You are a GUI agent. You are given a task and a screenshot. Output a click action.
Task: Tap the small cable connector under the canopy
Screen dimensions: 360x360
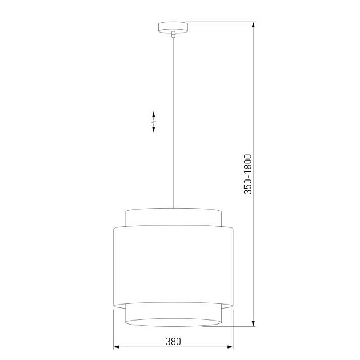[173, 34]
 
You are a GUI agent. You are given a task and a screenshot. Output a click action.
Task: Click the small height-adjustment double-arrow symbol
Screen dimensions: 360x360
[153, 122]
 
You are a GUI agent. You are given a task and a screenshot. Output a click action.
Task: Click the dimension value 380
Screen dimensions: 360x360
[173, 342]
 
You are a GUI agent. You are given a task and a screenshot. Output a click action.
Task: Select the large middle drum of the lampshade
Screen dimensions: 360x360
[173, 266]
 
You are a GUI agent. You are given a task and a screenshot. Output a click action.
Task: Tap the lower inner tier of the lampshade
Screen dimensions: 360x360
[173, 313]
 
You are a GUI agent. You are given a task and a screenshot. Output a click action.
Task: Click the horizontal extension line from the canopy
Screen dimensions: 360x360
[220, 22]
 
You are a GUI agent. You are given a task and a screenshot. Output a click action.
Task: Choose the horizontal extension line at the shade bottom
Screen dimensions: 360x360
[229, 327]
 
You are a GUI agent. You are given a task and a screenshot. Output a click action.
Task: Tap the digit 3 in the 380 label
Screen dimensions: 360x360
[168, 342]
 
